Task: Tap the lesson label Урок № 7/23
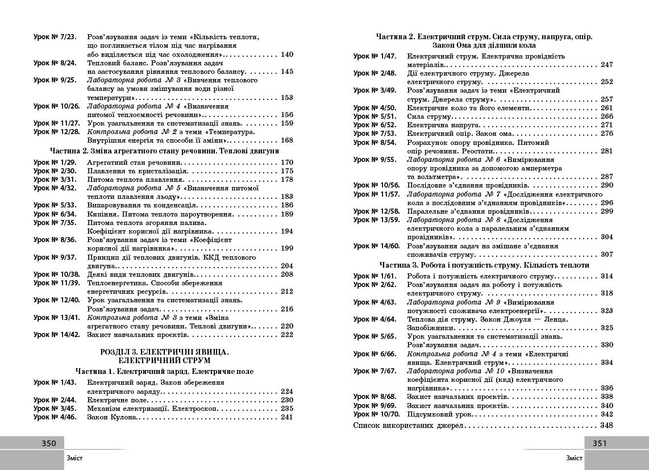pos(55,37)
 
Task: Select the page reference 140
pos(287,55)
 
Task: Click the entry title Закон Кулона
pos(112,417)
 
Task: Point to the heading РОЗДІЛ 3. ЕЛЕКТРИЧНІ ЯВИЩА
pos(164,352)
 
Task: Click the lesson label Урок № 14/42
pos(56,335)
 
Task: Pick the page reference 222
pos(287,335)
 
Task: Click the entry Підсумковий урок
pos(435,415)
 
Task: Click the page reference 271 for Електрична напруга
pos(606,125)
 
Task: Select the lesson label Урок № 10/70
pos(376,415)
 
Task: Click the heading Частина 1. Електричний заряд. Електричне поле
pos(164,371)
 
